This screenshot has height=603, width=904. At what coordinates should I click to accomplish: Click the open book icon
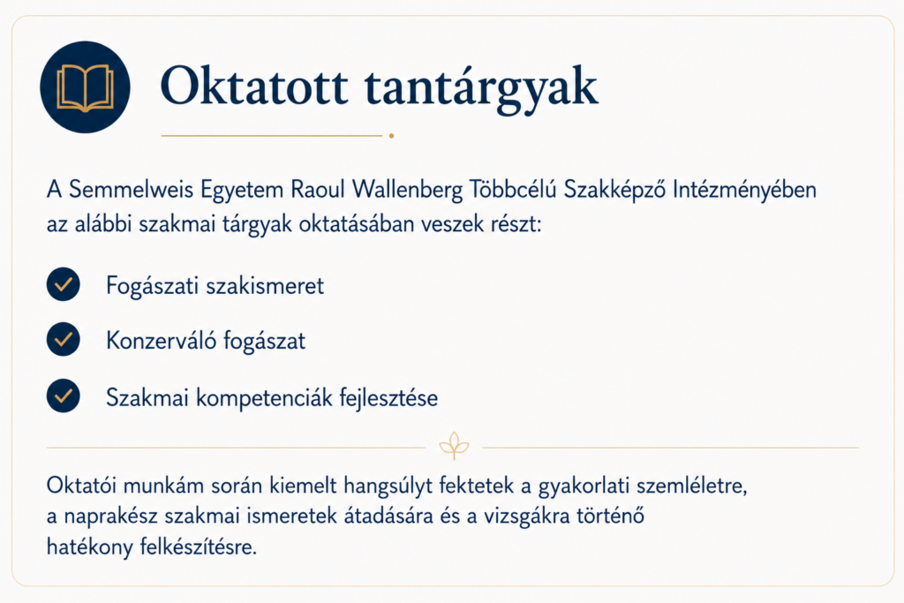pyautogui.click(x=85, y=87)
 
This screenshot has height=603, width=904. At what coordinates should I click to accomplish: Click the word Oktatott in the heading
pyautogui.click(x=254, y=87)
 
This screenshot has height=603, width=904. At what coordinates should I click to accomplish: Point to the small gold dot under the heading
pyautogui.click(x=391, y=136)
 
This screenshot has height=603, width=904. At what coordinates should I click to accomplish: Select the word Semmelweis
pyautogui.click(x=131, y=190)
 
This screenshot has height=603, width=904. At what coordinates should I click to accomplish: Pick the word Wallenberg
pyautogui.click(x=408, y=190)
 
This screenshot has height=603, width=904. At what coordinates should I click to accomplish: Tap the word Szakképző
pyautogui.click(x=614, y=190)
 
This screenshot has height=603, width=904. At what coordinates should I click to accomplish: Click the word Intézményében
pyautogui.click(x=744, y=190)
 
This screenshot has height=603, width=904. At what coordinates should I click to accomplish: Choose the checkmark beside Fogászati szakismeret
pyautogui.click(x=64, y=284)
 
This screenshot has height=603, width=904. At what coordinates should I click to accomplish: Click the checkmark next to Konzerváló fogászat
pyautogui.click(x=64, y=339)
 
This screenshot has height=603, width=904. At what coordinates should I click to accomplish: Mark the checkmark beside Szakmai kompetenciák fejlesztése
pyautogui.click(x=64, y=396)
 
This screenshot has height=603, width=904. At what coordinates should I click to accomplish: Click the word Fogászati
pyautogui.click(x=153, y=286)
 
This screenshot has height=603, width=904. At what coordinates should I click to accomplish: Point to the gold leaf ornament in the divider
pyautogui.click(x=455, y=446)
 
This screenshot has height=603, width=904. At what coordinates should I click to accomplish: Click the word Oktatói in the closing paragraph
pyautogui.click(x=82, y=486)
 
